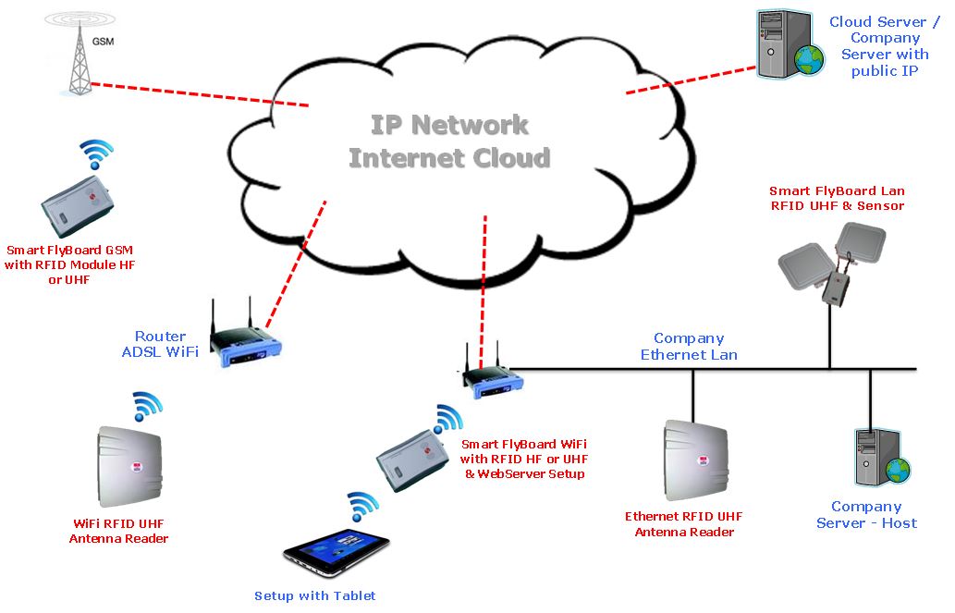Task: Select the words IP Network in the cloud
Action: click(449, 125)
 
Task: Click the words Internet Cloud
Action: click(449, 157)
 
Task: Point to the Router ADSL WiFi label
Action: click(160, 344)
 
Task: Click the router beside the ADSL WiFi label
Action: click(245, 338)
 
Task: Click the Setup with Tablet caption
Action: click(314, 596)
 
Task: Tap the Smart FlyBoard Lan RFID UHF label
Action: click(837, 198)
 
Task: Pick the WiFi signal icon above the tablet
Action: click(362, 508)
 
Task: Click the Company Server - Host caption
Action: click(866, 515)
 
